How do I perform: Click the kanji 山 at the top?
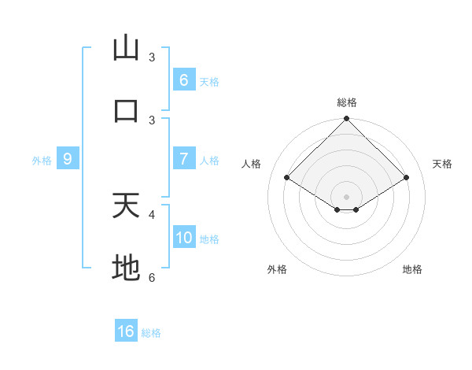tap(126, 48)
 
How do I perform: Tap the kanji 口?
tap(126, 110)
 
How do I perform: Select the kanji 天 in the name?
tap(126, 205)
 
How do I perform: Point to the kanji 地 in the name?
tap(126, 268)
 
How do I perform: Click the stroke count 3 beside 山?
tap(152, 57)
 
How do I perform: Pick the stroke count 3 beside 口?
tap(152, 120)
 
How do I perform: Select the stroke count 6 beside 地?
tap(152, 277)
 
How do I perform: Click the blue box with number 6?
tap(183, 80)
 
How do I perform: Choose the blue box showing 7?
tap(183, 159)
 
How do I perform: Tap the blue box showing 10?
tap(183, 238)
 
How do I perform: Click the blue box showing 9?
tap(68, 159)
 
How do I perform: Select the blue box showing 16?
tap(126, 331)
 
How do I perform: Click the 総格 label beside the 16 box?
tap(151, 333)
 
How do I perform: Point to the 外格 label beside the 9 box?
tap(42, 161)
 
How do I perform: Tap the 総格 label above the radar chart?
tap(346, 102)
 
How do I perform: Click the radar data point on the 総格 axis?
tap(346, 120)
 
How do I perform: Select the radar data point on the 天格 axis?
tap(407, 178)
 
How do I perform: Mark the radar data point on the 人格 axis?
tap(287, 178)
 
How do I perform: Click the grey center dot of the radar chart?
tap(346, 196)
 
